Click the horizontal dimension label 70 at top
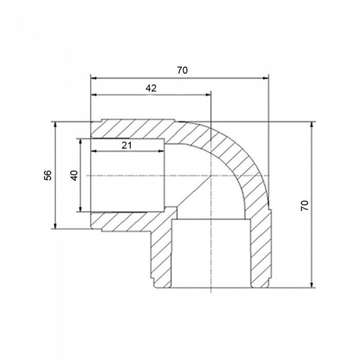pos(182,70)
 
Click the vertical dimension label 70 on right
pos(305,205)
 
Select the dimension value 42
pos(151,88)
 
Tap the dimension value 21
pos(127,146)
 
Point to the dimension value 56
pos(48,175)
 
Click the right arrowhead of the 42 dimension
pos(207,95)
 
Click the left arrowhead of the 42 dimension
pos(94,95)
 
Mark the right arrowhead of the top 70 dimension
pos(265,78)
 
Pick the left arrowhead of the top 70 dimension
pos(94,78)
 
